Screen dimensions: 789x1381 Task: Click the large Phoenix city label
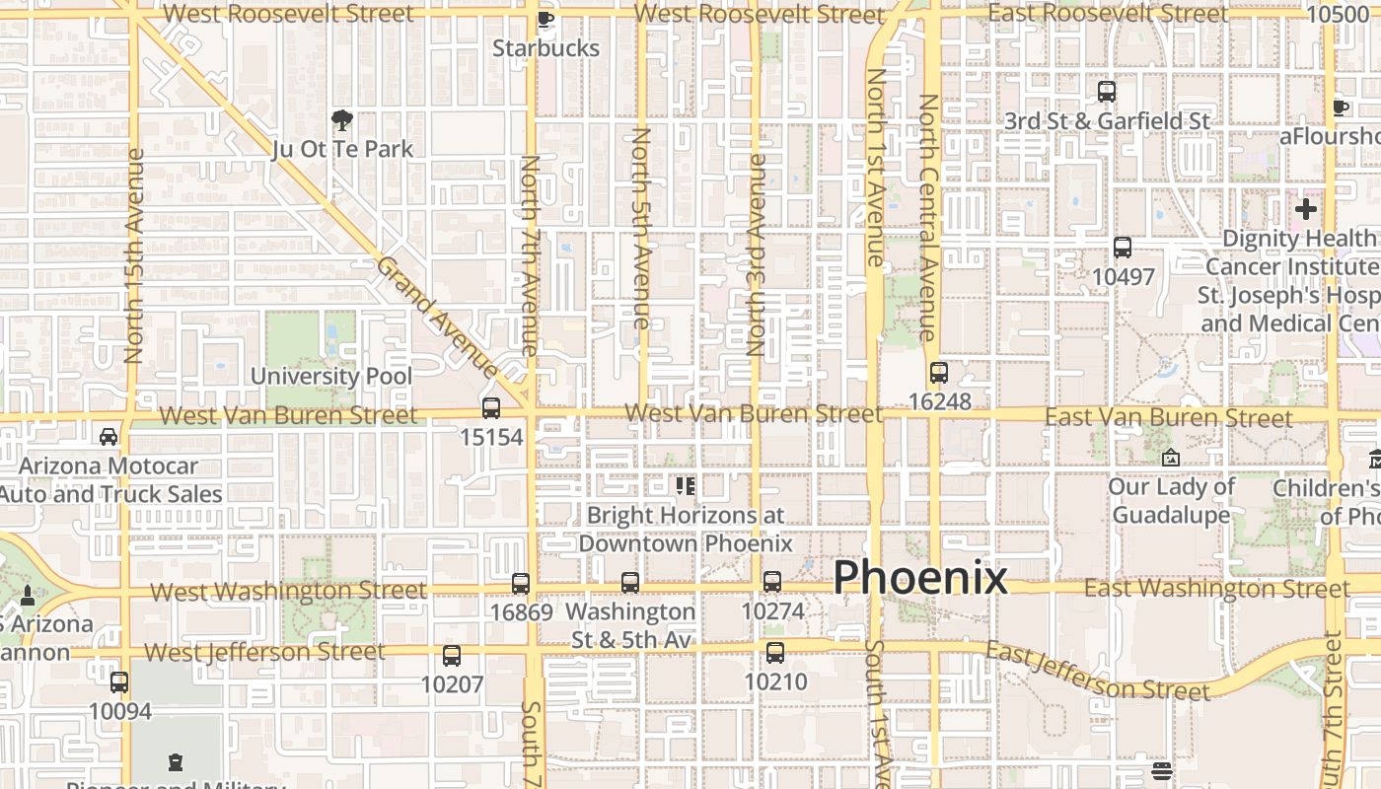920,578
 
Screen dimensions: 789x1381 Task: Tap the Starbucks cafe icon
545,19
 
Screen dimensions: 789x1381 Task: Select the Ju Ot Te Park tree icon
342,120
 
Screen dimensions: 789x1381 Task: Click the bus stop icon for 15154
491,407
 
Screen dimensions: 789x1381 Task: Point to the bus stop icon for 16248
939,373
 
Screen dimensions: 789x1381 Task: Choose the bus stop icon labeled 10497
1123,248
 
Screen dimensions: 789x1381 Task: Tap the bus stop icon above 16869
521,584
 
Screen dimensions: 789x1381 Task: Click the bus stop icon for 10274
772,582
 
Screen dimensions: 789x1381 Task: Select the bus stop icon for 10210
775,652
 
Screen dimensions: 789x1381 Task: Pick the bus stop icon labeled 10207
452,655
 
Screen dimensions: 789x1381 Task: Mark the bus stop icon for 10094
119,681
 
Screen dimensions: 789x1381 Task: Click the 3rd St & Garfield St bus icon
1107,92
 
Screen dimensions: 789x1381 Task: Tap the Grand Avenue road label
438,316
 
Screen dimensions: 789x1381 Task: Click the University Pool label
331,376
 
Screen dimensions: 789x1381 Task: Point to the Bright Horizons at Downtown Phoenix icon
686,485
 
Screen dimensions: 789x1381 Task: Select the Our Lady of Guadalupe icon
1171,458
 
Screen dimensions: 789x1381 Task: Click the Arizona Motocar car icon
109,436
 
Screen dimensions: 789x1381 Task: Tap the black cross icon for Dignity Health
1306,209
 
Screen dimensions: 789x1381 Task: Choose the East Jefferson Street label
1097,672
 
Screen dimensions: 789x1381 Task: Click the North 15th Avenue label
135,256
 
